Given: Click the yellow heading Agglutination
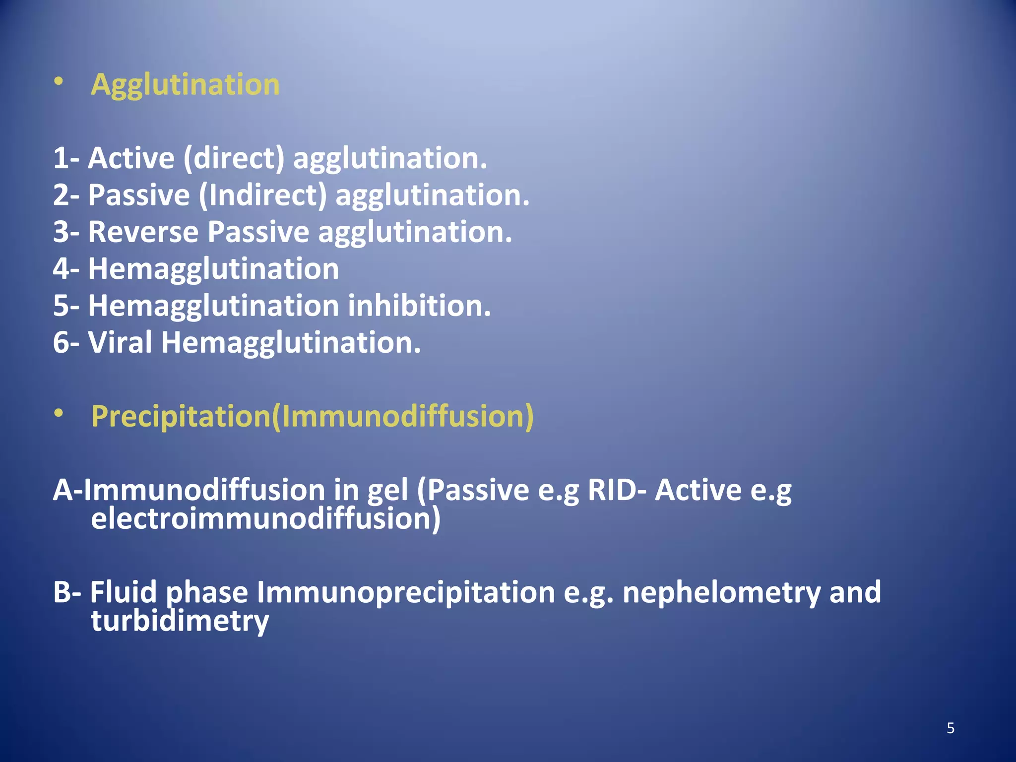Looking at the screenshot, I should point(185,84).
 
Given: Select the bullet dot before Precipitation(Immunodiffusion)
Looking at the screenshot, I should point(59,413).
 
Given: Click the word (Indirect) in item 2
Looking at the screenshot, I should point(263,195).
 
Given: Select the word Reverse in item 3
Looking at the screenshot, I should point(143,232).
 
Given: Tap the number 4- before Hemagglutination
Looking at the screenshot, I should point(66,269).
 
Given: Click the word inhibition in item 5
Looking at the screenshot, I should point(419,306).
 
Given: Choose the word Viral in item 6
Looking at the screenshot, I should point(120,342).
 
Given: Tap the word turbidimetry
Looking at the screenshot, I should point(180,621).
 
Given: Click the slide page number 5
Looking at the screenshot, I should point(951,728).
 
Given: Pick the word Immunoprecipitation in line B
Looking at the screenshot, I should point(406,592).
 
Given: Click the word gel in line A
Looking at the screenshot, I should point(387,490).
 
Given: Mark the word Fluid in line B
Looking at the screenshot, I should point(123,592).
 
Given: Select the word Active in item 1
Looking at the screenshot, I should point(131,158).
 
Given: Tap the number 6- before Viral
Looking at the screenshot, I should point(66,342).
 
